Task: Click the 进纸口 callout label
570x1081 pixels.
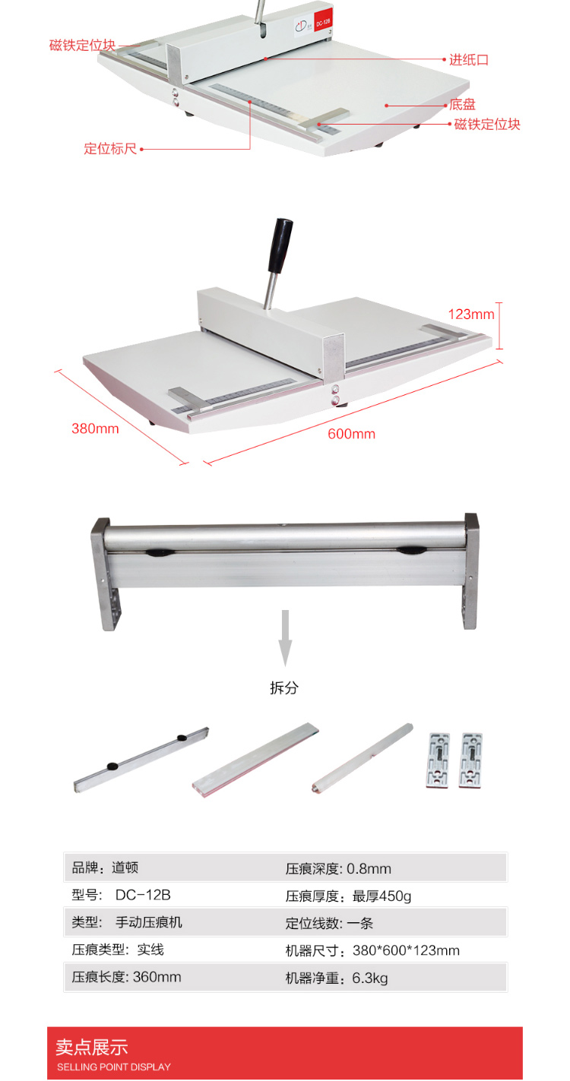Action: [469, 60]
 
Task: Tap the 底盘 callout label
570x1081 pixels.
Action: [462, 104]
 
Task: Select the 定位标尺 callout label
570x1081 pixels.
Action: [110, 149]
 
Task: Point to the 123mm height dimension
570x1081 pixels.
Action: [471, 315]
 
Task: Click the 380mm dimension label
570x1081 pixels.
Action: [95, 428]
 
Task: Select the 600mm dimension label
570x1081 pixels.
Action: [351, 434]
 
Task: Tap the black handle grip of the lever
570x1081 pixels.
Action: [280, 246]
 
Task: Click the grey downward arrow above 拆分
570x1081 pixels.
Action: [285, 638]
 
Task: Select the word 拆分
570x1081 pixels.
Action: [284, 687]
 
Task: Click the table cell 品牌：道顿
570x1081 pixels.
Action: [105, 868]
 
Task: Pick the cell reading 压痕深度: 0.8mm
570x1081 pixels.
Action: [338, 868]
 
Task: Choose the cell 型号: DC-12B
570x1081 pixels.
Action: [121, 895]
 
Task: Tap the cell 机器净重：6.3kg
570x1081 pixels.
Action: [337, 978]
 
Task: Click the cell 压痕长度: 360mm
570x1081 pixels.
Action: [126, 977]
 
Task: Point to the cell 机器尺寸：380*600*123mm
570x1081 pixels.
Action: [372, 950]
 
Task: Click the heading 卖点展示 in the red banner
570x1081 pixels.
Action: [92, 1047]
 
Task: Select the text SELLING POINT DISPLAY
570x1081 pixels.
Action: [114, 1067]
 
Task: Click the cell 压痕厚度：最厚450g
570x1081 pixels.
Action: [349, 896]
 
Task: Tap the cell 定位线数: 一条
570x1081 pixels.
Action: [329, 923]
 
